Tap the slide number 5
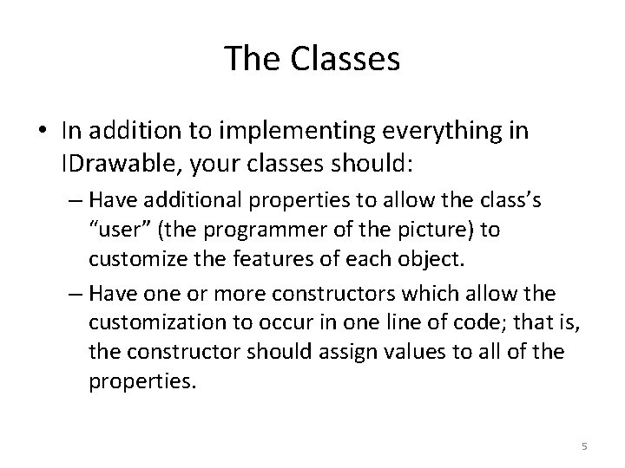pyautogui.click(x=584, y=446)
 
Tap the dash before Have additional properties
pyautogui.click(x=76, y=201)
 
